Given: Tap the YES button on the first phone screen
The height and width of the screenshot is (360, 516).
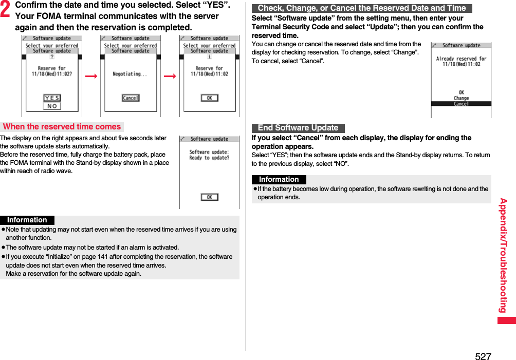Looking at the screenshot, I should coord(52,98).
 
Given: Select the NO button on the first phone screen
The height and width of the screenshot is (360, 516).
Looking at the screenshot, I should coord(52,106).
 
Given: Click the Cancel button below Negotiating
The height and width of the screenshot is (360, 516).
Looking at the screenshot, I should coord(131,98).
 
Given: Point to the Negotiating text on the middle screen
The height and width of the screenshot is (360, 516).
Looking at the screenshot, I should coord(130,74).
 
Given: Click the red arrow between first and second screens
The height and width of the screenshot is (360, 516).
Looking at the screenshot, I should coord(91,76).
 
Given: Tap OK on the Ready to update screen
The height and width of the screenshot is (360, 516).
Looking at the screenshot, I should coord(209,197).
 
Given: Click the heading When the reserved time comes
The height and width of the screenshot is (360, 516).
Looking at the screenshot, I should coord(62,127).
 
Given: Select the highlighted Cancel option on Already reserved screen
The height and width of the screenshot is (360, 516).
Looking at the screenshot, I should coord(461,104).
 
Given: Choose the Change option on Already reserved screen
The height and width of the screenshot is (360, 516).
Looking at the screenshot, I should coord(461,98).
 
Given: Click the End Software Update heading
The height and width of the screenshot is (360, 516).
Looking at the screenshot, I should coord(298,128).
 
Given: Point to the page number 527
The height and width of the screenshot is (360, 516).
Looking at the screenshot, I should coord(483,356).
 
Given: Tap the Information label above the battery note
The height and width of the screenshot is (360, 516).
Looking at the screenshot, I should coord(279,180).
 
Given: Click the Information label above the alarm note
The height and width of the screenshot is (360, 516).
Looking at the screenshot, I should coord(27,220).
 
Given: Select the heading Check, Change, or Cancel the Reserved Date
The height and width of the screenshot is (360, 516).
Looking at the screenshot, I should coord(361,8).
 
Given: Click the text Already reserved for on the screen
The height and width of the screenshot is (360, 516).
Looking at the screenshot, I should coord(461,59).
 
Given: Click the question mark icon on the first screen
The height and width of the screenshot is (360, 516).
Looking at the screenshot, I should coord(52,57).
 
